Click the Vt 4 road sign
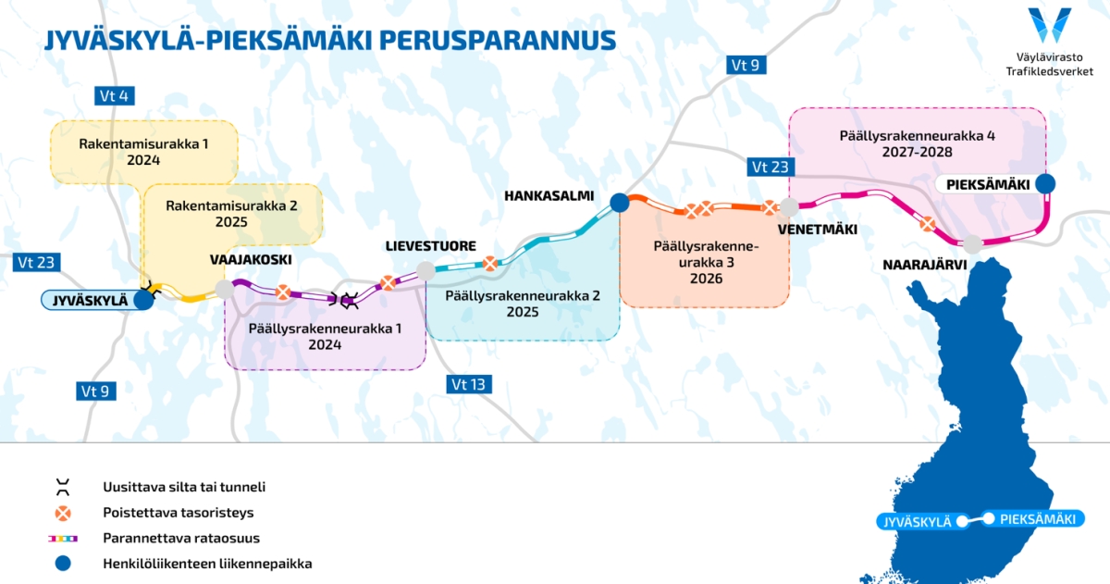coord(114,95)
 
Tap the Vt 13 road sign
coord(469,384)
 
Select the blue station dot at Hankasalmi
coord(620,203)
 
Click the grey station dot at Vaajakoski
coord(225,289)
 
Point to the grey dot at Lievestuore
coord(425,270)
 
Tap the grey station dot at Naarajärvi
coord(972,244)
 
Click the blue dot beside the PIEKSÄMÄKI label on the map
coord(1045,184)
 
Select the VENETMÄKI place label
coord(817,230)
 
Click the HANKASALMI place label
coord(549,196)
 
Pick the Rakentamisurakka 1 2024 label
coord(143,152)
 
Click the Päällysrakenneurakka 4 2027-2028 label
coord(918,143)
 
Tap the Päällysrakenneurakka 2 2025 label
coord(523,304)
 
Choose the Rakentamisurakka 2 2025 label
coord(231,214)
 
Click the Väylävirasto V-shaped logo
coord(1050,25)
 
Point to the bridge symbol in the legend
coord(63,488)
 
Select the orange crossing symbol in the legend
coord(63,513)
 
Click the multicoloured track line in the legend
coord(63,539)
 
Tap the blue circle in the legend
coord(63,564)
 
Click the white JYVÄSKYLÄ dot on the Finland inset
coord(962,522)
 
